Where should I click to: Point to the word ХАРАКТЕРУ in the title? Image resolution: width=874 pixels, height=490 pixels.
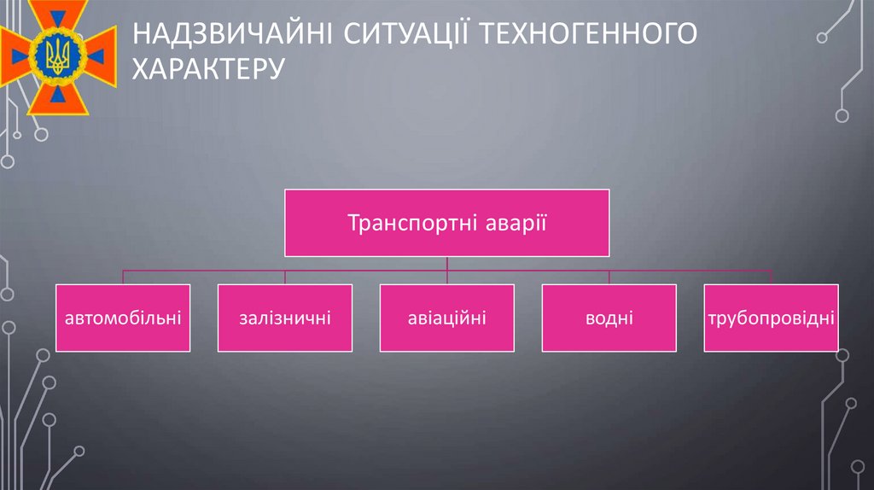(206, 67)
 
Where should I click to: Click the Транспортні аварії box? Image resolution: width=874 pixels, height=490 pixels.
(446, 223)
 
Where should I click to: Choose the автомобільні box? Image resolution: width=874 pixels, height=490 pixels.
(123, 318)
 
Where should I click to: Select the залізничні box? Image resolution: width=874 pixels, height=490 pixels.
(284, 318)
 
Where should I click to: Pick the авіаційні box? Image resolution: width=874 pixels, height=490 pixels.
(446, 318)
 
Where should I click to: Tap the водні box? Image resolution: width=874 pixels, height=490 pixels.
(609, 318)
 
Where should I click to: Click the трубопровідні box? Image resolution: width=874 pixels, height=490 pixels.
(771, 318)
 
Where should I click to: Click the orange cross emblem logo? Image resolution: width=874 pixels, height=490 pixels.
(58, 58)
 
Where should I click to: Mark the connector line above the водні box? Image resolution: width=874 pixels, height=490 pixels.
(609, 277)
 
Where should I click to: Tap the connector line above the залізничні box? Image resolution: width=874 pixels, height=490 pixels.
(284, 277)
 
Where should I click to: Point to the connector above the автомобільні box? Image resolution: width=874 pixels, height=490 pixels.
(123, 277)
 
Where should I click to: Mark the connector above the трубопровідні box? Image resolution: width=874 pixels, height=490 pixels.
(771, 277)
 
